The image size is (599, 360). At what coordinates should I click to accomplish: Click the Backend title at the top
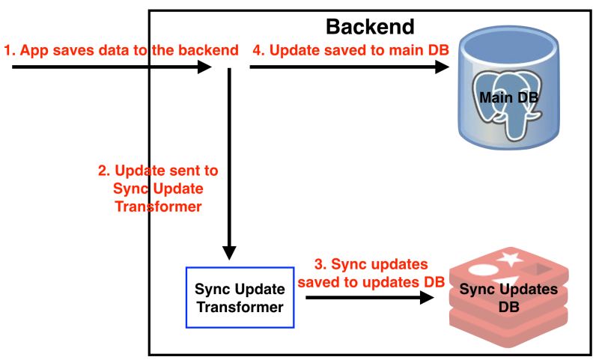(369, 27)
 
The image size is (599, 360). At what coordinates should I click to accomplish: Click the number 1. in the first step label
(10, 51)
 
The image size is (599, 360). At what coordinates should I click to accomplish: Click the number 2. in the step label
(105, 171)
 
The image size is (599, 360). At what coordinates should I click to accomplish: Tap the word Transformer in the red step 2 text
(158, 206)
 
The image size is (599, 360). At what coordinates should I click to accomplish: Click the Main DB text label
(509, 98)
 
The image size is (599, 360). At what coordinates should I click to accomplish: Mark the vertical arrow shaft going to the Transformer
(231, 157)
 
